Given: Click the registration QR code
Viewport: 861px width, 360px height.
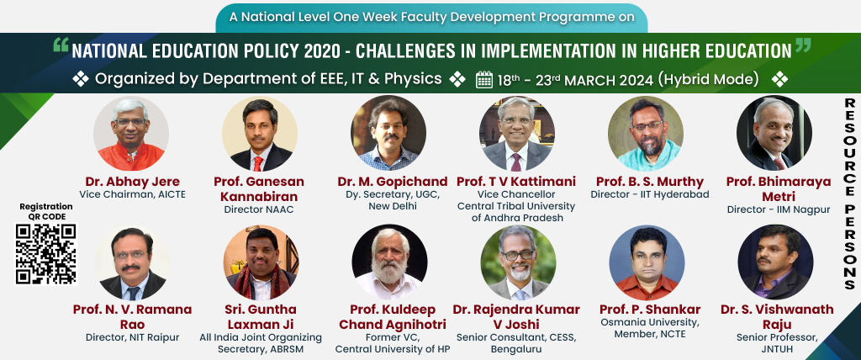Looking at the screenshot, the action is tap(45, 254).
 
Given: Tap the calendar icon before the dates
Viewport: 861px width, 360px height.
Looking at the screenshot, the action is tap(483, 80).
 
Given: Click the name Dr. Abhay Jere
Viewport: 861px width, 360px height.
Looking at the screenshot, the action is tap(132, 182).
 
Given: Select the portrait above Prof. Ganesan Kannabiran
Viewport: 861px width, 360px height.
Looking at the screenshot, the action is tap(260, 134).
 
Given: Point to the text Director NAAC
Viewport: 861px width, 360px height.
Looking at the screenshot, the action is tap(259, 209).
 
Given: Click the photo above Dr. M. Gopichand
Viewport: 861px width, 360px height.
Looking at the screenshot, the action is tap(388, 134).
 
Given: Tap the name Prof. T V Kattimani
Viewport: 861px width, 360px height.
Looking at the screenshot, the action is tap(516, 182).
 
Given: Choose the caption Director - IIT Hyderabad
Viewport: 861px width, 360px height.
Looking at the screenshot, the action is tap(650, 194).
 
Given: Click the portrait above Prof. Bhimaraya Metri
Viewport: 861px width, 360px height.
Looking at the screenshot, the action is tap(774, 134).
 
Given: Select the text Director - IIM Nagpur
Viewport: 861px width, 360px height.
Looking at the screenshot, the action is tap(778, 209).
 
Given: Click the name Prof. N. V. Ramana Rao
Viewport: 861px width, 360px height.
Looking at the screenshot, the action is tap(132, 316).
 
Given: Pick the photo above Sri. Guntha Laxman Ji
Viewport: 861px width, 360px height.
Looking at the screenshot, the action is tap(261, 262).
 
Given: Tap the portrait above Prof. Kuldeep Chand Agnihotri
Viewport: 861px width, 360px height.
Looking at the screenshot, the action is tap(389, 262).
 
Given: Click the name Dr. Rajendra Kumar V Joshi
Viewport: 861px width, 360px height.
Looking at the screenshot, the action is tap(516, 316).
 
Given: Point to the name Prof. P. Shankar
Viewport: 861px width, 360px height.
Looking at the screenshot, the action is tap(650, 309).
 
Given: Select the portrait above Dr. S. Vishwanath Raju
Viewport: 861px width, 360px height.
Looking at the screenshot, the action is tap(775, 262).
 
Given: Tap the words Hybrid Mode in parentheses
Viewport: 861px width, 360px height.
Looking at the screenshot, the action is tap(708, 80).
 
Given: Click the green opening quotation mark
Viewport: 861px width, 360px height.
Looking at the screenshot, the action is tap(61, 45).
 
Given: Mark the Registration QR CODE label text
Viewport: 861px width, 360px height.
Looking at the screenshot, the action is tap(45, 212).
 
